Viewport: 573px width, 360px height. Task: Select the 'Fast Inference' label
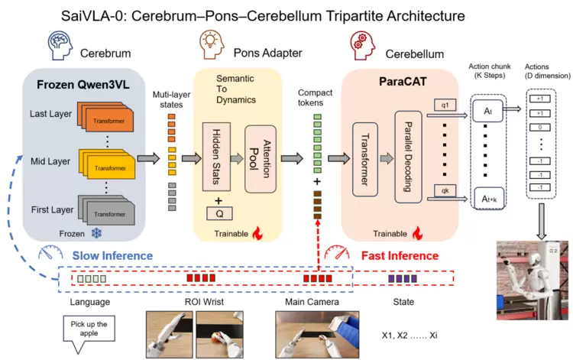click(401, 255)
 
